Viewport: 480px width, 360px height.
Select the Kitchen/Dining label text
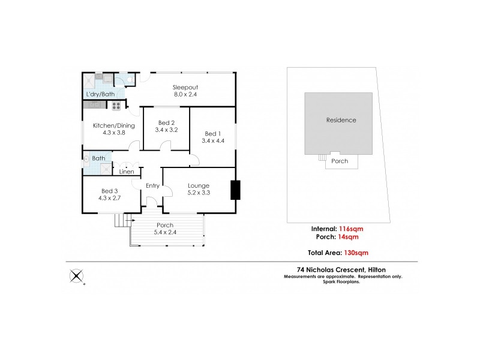(113, 125)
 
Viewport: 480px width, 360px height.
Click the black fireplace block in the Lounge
(235, 190)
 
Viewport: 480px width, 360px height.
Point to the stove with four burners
(116, 106)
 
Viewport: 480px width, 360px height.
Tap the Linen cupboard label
(127, 172)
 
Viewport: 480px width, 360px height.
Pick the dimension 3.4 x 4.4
(212, 141)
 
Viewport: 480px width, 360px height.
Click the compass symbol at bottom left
(77, 277)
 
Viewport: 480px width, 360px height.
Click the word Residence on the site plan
(341, 120)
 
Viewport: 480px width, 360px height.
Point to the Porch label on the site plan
(340, 161)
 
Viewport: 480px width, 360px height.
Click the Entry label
(152, 186)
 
